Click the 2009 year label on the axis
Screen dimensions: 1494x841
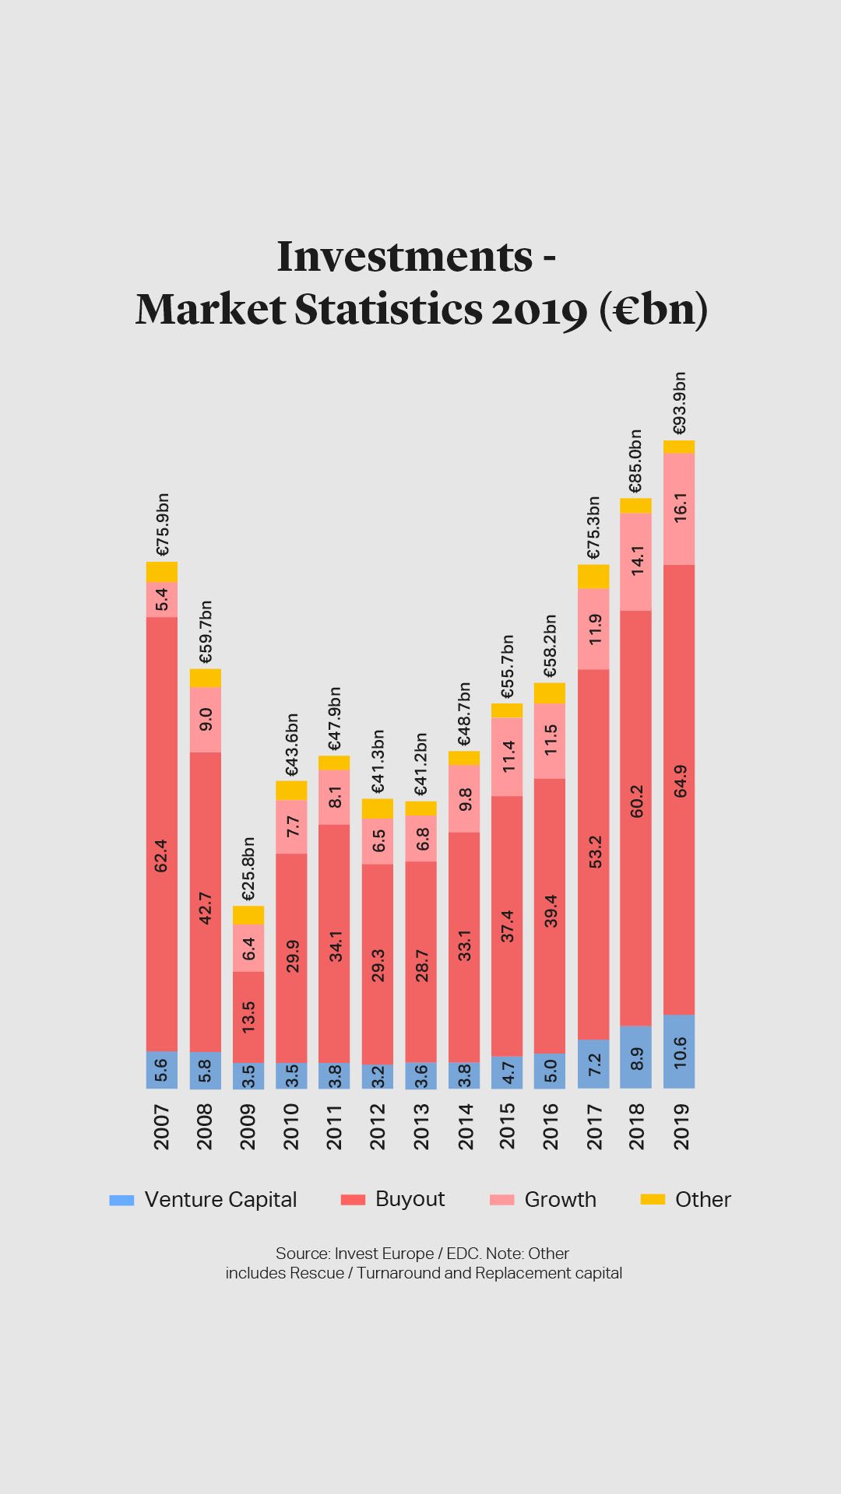248,1126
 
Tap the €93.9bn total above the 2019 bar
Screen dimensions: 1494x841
679,403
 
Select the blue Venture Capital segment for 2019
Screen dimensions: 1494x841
679,1051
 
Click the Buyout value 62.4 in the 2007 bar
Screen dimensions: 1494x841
161,855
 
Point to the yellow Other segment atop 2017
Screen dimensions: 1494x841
593,576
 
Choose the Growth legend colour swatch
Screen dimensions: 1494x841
502,1199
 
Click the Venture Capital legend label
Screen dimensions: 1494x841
220,1199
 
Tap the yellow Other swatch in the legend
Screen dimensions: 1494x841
653,1199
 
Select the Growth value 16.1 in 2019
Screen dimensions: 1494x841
680,507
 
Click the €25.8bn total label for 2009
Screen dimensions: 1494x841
248,868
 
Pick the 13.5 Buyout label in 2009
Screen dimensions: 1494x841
248,1017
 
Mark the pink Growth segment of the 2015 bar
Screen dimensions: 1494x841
507,756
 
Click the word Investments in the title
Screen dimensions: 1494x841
405,256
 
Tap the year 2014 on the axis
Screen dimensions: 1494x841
465,1126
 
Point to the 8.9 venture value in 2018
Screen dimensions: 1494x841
636,1058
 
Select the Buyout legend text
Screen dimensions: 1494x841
410,1199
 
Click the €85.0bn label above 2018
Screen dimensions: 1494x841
635,461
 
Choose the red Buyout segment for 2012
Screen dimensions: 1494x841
378,965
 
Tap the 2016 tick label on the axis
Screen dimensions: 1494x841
551,1126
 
